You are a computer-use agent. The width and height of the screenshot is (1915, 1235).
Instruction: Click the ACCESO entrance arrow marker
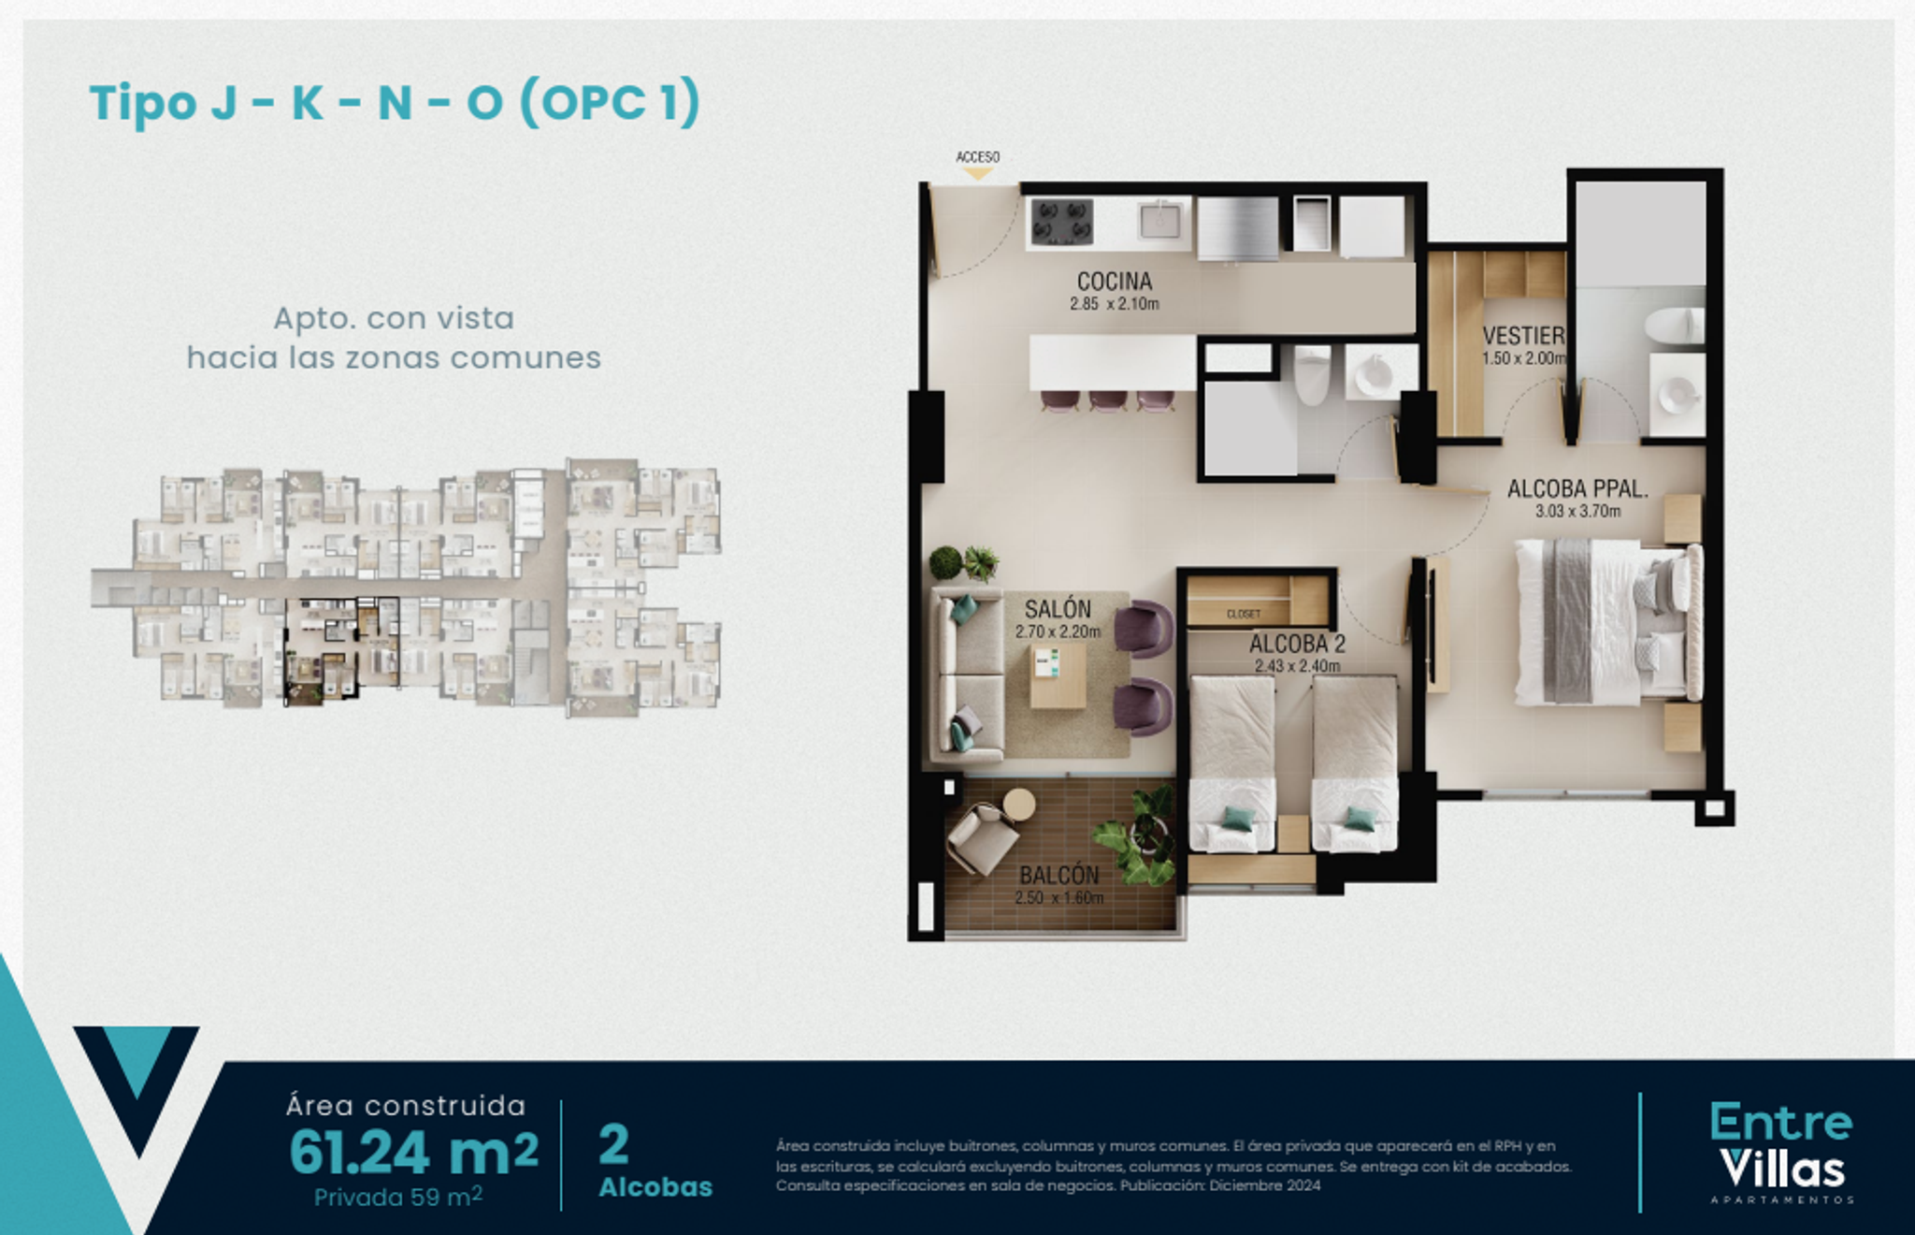(x=977, y=173)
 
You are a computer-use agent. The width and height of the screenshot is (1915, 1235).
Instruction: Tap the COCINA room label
(x=1114, y=281)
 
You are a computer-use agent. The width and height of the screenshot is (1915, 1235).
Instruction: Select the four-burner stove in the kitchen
(x=1062, y=223)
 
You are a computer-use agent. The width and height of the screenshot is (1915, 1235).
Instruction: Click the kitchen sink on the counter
(x=1160, y=221)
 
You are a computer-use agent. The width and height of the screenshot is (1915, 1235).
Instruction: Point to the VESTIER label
(x=1522, y=335)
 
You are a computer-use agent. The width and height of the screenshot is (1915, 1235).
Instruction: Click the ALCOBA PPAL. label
(x=1577, y=488)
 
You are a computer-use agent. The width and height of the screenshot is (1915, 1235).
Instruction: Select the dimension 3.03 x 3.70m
(x=1577, y=512)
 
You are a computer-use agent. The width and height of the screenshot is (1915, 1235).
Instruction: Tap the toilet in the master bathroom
(x=1674, y=326)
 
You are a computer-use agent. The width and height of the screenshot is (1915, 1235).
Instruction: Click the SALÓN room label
(x=1057, y=609)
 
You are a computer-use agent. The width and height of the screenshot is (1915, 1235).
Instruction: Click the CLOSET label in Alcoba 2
(x=1243, y=615)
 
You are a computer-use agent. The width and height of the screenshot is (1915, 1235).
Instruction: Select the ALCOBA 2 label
(x=1297, y=644)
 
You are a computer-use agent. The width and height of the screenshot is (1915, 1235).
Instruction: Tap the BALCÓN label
(x=1058, y=875)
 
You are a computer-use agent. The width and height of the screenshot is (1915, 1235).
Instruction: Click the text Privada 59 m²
(x=397, y=1197)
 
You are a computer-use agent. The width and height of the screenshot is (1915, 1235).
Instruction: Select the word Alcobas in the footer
(x=655, y=1187)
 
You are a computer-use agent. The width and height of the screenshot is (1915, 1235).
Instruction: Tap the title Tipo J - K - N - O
(x=394, y=102)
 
